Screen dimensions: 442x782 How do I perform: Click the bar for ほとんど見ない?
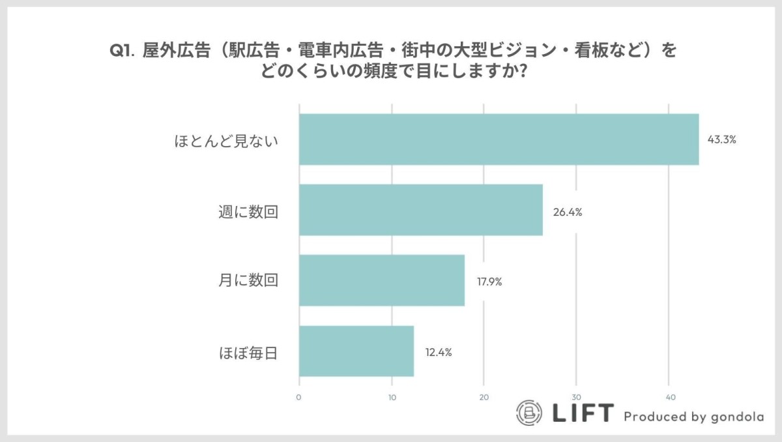coord(499,140)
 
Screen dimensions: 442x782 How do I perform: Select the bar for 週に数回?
coord(420,210)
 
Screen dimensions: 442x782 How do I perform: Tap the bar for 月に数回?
coord(381,280)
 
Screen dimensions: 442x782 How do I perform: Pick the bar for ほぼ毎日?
coord(356,351)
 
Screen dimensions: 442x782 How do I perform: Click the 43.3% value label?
coord(723,140)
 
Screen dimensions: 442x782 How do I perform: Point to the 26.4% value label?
coord(567,212)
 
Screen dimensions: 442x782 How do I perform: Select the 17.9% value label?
coord(489,282)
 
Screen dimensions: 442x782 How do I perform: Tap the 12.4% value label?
coord(438,353)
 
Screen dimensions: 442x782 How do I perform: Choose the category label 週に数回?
coord(248,211)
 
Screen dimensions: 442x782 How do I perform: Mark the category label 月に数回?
coord(248,281)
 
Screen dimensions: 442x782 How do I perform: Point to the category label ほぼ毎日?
coord(248,352)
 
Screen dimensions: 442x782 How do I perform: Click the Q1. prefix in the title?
coord(122,51)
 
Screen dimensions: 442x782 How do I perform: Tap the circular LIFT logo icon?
coord(529,413)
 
